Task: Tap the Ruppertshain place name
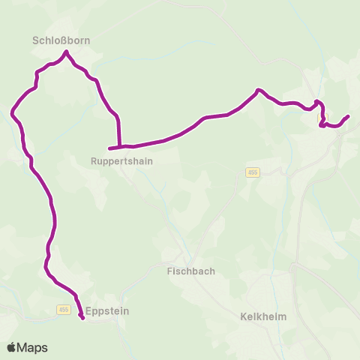click(121, 160)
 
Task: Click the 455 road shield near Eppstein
click(63, 310)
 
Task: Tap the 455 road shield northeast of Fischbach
click(252, 172)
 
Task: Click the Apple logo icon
click(12, 347)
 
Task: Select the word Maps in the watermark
click(32, 347)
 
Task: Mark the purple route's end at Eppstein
click(82, 319)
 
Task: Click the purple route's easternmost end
click(349, 116)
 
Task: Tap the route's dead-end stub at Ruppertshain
click(109, 148)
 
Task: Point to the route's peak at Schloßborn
click(67, 52)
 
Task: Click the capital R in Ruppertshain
click(92, 160)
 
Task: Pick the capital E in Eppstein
click(88, 309)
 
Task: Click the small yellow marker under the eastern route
click(323, 117)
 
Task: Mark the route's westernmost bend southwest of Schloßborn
click(12, 113)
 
